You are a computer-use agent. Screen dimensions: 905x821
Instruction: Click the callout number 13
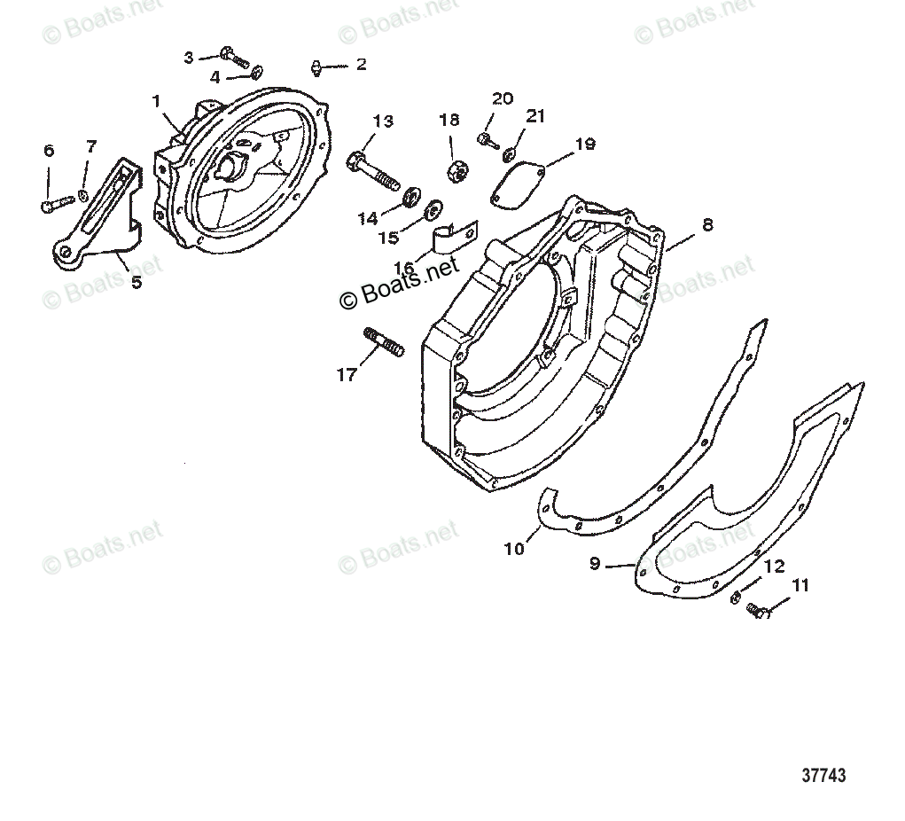coord(383,121)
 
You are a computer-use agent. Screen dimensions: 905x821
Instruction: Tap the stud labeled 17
coord(384,341)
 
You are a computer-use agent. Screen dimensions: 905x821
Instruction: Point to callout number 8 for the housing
coord(706,225)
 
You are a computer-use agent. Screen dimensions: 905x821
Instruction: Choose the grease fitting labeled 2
coord(316,66)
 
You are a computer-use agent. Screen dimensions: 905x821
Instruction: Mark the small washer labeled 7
coord(82,194)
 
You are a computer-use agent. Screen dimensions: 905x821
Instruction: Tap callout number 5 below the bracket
coord(136,283)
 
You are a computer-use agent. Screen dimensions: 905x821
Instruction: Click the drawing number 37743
coord(823,775)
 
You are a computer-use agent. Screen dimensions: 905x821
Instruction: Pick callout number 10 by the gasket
coord(514,548)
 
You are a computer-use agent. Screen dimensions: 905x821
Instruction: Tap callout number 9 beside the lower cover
coord(595,562)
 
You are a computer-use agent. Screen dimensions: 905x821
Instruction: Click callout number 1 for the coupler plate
coord(157,101)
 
